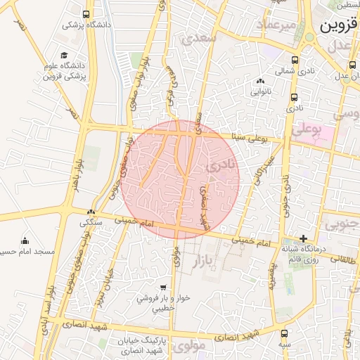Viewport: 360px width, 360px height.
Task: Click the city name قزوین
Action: click(340, 27)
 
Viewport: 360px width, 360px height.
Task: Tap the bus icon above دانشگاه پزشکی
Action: click(86, 14)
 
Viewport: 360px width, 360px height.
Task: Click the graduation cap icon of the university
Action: click(64, 55)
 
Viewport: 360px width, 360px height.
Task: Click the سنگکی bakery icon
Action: click(90, 212)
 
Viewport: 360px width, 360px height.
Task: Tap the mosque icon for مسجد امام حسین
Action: click(25, 240)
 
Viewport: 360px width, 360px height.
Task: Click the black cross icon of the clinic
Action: click(303, 238)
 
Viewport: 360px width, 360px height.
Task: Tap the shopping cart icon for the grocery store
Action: click(163, 288)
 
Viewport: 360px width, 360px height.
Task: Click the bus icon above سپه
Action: click(284, 334)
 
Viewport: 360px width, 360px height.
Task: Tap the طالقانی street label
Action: click(344, 259)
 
